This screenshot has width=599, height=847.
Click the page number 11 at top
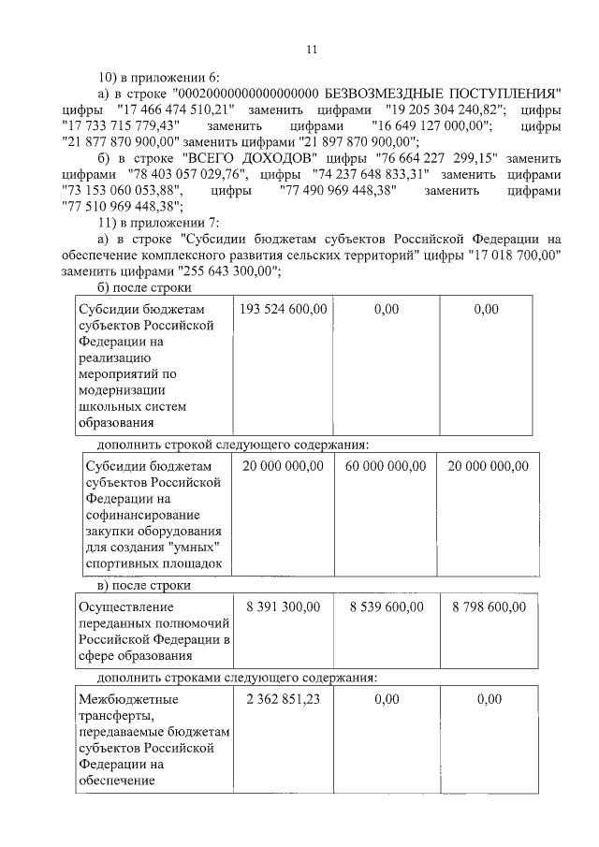(x=312, y=49)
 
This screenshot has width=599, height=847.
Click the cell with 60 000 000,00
(x=385, y=466)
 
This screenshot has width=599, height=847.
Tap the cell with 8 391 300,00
(x=282, y=606)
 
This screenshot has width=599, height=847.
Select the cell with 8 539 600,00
(x=385, y=606)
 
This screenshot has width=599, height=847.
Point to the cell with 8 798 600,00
(x=488, y=606)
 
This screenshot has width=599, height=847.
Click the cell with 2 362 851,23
(x=282, y=698)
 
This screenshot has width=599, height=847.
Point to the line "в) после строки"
(x=144, y=585)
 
